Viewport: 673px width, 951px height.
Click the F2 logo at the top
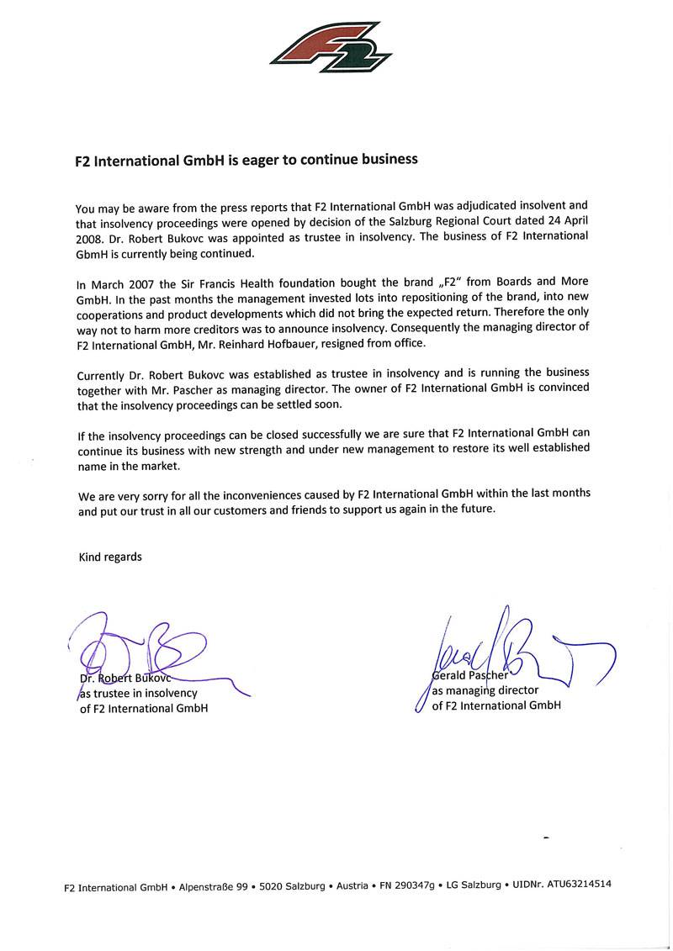point(331,47)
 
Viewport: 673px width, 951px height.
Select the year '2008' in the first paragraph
point(90,238)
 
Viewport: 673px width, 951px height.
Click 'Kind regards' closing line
point(110,557)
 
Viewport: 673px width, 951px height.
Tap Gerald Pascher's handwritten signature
point(505,647)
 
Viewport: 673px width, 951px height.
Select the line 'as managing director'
point(485,690)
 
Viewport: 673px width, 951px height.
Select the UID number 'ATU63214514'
point(579,885)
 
